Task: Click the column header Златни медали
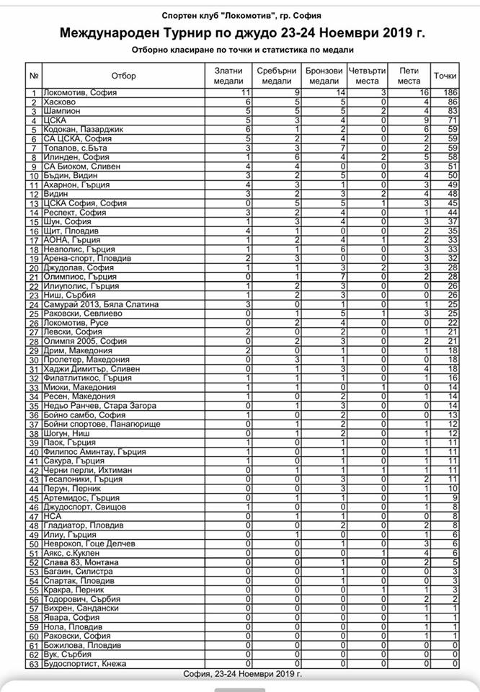click(x=229, y=76)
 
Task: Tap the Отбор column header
click(x=123, y=76)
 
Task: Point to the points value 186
click(x=450, y=93)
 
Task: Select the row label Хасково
click(x=59, y=103)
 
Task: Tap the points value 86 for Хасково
click(x=453, y=103)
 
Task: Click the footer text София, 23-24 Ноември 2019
click(x=241, y=673)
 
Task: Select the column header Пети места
click(x=409, y=76)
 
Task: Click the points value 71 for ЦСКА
click(x=453, y=121)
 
